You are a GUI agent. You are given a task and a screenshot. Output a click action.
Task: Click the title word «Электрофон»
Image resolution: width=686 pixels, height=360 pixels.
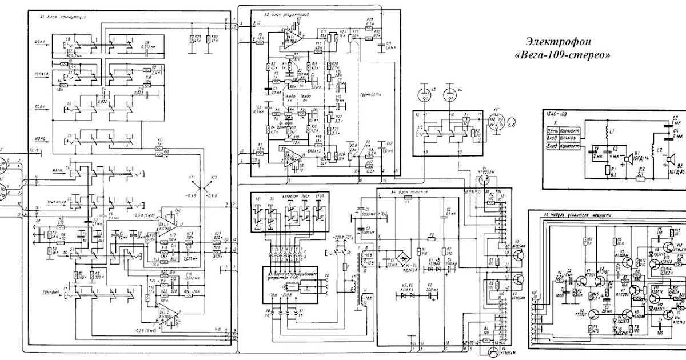coord(557,42)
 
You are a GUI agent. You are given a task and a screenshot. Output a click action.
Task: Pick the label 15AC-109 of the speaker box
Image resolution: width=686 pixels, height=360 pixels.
coord(557,114)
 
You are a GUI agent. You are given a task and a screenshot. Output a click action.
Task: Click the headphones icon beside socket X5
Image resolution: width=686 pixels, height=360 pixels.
coord(512,121)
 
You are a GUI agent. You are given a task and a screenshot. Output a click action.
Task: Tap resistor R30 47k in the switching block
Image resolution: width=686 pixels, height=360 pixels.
coord(214,39)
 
